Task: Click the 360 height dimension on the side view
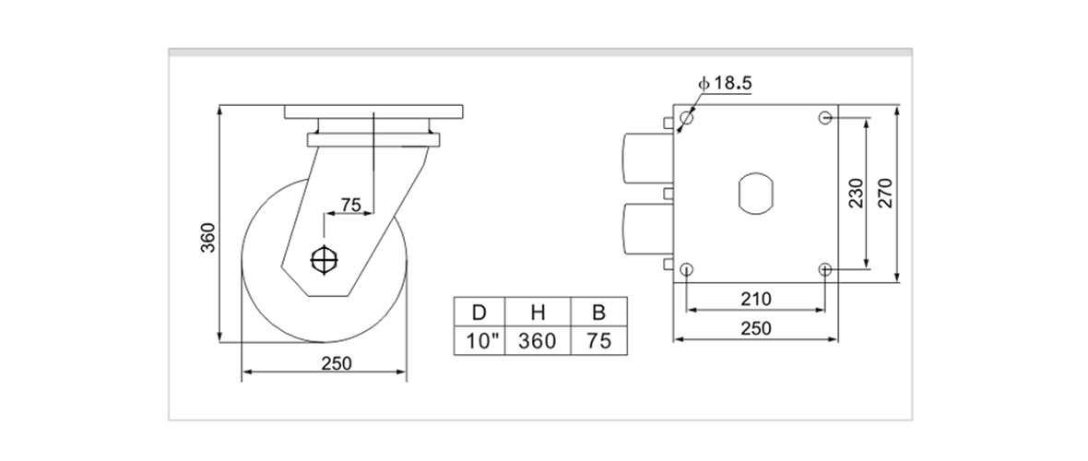[x=208, y=237]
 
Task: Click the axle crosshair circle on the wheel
[x=325, y=260]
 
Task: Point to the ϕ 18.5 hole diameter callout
[x=727, y=83]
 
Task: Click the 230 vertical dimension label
[x=855, y=193]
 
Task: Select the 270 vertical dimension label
[x=884, y=193]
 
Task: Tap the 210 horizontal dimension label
[x=756, y=299]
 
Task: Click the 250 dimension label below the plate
[x=756, y=327]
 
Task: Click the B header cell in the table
[x=598, y=312]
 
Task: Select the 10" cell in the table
[x=481, y=340]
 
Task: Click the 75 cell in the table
[x=598, y=340]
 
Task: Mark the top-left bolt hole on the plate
[x=687, y=118]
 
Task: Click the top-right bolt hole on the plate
[x=825, y=118]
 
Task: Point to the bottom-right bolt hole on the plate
[x=825, y=268]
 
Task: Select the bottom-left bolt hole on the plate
[x=687, y=268]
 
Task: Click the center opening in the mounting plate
[x=756, y=193]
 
